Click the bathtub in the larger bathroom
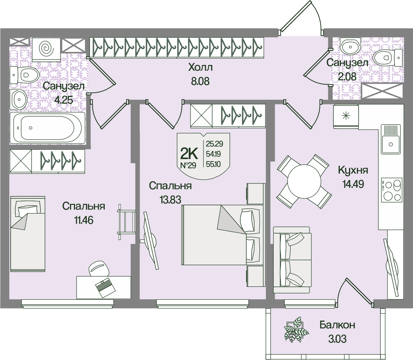click(x=47, y=128)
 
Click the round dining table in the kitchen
click(x=304, y=181)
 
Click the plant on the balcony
click(x=296, y=330)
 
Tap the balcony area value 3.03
click(x=337, y=339)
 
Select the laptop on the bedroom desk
click(x=104, y=286)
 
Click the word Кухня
click(x=353, y=170)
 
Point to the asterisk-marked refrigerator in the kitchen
click(x=345, y=116)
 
